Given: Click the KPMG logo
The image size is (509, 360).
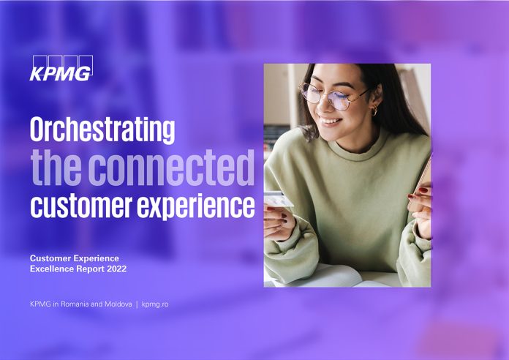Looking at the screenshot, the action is [61, 68].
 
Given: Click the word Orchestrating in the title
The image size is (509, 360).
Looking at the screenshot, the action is [102, 130].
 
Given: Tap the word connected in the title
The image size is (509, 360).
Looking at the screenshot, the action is [171, 168].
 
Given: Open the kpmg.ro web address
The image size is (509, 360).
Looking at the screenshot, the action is [155, 304].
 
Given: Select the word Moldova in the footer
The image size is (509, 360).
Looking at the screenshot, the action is [118, 304].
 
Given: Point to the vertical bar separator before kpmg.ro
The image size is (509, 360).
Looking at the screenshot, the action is [137, 304].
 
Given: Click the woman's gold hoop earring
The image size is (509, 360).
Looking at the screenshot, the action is [374, 111].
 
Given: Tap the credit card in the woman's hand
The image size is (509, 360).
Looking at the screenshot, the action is [278, 200].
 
